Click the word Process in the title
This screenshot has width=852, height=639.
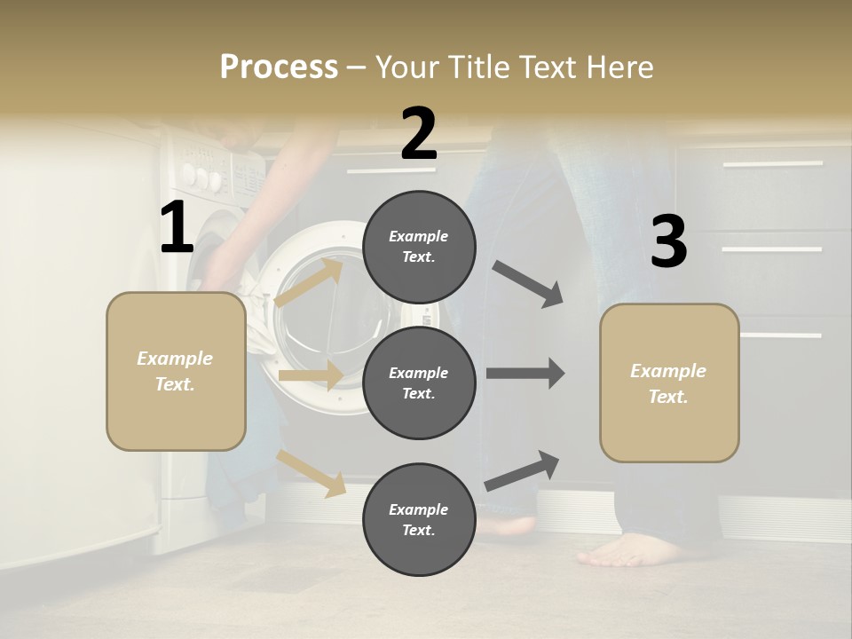(x=279, y=67)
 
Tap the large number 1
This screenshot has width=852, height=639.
(x=177, y=228)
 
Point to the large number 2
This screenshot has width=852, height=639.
(x=419, y=134)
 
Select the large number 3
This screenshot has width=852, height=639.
(x=668, y=241)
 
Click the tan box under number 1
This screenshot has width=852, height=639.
(x=176, y=371)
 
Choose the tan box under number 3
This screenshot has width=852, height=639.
(x=669, y=383)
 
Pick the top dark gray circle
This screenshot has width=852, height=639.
(x=419, y=247)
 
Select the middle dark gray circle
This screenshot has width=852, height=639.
(x=419, y=383)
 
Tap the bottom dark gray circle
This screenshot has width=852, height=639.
(x=419, y=519)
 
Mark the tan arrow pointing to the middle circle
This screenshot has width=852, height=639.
(x=310, y=375)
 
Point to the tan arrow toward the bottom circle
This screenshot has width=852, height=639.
(x=312, y=472)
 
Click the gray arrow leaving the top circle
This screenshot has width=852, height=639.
(x=527, y=283)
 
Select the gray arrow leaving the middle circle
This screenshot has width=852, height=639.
(x=525, y=374)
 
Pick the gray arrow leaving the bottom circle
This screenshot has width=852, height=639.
(x=522, y=470)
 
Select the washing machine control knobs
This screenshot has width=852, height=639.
(x=202, y=177)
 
